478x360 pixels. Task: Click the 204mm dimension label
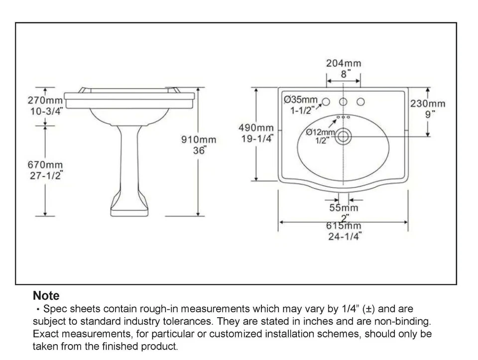(x=343, y=63)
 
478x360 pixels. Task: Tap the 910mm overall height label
(x=198, y=140)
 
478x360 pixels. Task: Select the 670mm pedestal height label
(x=45, y=164)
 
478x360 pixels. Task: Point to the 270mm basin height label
(x=45, y=100)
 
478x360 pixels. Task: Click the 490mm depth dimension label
(x=256, y=128)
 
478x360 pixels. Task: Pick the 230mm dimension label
(x=427, y=104)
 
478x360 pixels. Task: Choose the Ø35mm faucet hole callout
(x=301, y=99)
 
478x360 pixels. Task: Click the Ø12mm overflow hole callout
(x=320, y=132)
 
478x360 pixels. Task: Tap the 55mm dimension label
(x=344, y=207)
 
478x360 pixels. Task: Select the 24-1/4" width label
(x=344, y=237)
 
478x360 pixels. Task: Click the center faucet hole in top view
(x=343, y=102)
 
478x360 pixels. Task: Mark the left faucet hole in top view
(x=326, y=102)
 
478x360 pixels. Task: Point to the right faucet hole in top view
(x=360, y=102)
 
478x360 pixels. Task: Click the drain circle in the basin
(x=343, y=136)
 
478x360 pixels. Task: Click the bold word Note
(x=46, y=296)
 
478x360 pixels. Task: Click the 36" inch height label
(x=199, y=150)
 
